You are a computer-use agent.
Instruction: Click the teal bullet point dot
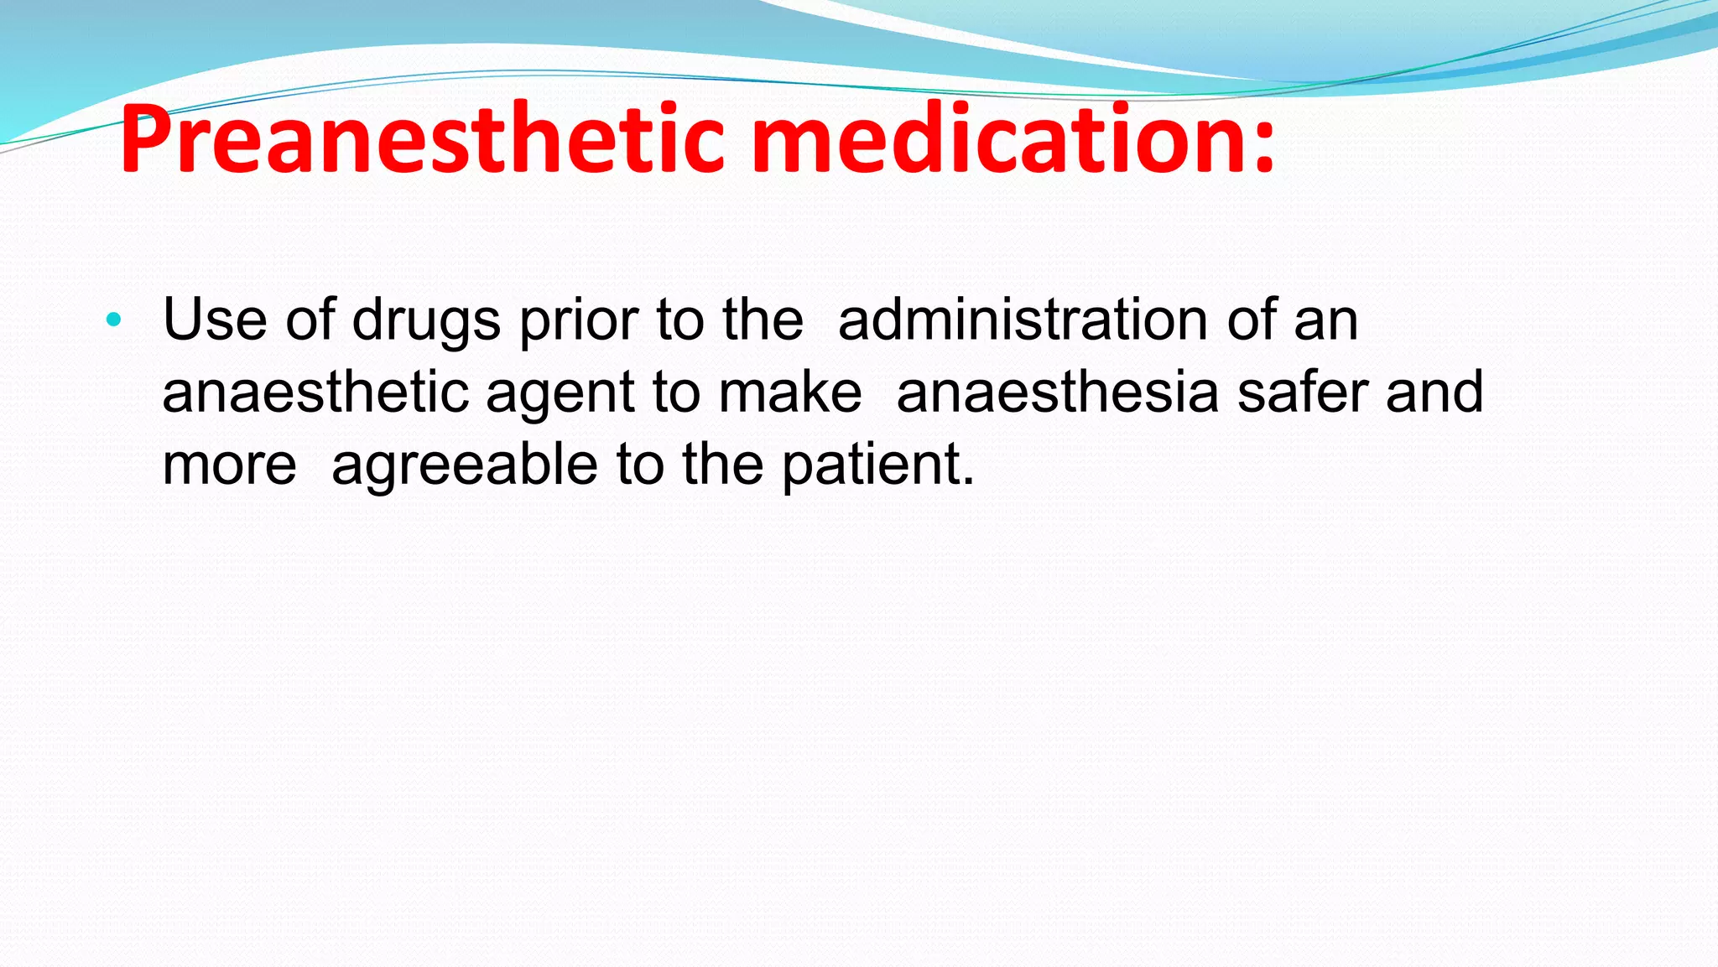(x=114, y=320)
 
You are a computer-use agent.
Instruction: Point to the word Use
(x=215, y=320)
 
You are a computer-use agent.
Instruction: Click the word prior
(x=579, y=321)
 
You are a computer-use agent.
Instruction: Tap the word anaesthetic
(x=315, y=393)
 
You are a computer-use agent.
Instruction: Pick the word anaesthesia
(x=1057, y=393)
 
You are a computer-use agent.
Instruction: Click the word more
(x=229, y=466)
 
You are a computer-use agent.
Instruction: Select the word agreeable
(x=464, y=466)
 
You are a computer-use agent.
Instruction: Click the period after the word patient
(x=969, y=484)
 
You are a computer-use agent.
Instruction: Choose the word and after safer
(x=1434, y=393)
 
